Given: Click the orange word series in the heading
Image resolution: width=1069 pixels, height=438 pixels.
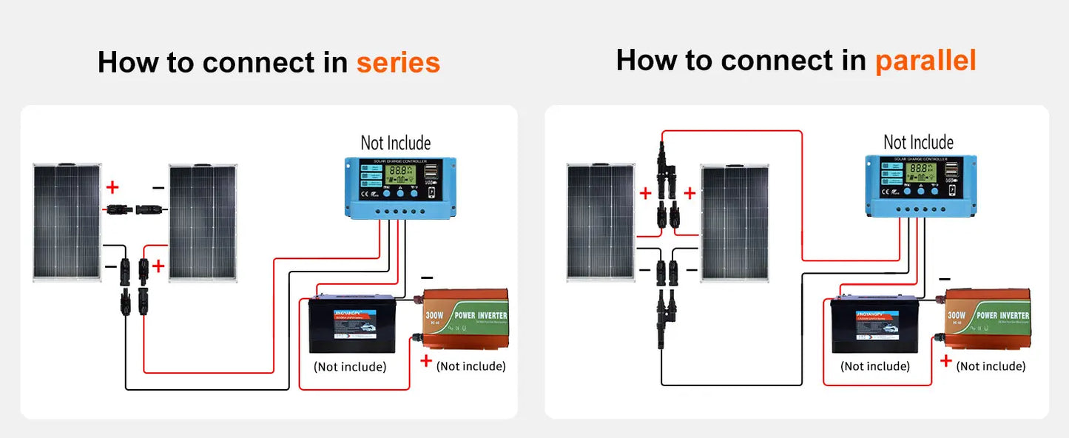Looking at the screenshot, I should click(398, 63).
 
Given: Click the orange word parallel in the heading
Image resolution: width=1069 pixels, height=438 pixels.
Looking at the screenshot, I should click(925, 60).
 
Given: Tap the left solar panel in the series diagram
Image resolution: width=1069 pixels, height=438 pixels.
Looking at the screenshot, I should click(67, 223).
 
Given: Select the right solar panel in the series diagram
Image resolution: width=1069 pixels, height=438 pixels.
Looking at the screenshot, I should click(202, 223).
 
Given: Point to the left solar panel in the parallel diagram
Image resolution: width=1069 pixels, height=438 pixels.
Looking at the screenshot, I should click(601, 222).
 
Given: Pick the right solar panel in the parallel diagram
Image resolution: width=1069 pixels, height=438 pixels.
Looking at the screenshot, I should click(735, 223).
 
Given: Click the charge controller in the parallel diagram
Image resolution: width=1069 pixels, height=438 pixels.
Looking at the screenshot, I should click(921, 186).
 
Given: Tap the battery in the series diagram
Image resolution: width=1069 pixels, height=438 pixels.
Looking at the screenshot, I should click(351, 326).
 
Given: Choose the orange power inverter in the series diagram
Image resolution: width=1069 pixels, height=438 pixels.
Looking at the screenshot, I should click(465, 320).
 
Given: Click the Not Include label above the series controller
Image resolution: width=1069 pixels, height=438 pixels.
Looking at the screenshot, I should click(395, 143).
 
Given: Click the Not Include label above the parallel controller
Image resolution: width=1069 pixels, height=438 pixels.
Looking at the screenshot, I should click(918, 142).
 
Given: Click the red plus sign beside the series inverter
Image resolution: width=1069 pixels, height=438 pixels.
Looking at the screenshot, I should click(426, 360).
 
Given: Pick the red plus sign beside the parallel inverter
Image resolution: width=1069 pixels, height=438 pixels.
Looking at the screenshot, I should click(945, 360).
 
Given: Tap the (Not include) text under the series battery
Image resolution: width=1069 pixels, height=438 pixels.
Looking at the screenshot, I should click(350, 367).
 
